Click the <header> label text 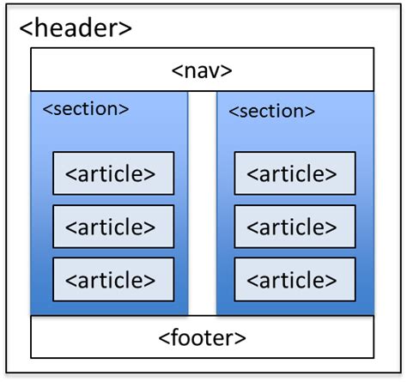[76, 27]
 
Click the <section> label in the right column [271, 112]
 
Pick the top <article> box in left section [113, 173]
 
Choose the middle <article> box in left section [113, 227]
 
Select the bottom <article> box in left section [113, 279]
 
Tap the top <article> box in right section [295, 173]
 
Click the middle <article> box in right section [295, 227]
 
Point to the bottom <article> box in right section [295, 279]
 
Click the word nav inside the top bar [203, 70]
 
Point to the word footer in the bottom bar [203, 337]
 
